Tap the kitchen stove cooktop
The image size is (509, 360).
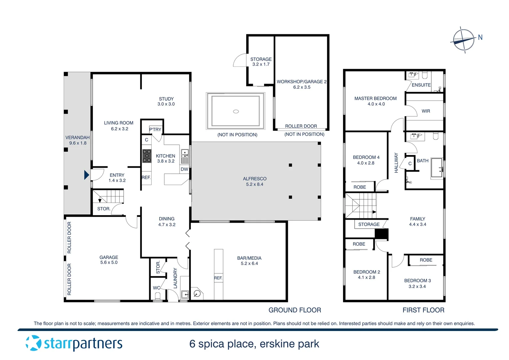tap(147, 156)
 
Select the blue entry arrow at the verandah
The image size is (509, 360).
tap(87, 175)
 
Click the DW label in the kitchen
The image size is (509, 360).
tap(184, 169)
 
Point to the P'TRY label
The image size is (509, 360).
tap(155, 129)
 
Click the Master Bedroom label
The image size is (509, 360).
tap(375, 98)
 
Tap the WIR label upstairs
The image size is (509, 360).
tap(426, 111)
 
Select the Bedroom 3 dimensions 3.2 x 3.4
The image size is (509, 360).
tap(417, 286)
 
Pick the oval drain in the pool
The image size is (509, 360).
tap(236, 111)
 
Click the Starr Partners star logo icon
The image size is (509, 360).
tap(33, 343)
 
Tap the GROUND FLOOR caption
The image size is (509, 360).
tap(294, 310)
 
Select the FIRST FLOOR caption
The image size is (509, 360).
tap(423, 310)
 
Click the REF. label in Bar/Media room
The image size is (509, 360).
tap(218, 278)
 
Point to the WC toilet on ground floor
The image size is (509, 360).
tap(158, 295)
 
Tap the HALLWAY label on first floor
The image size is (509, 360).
tap(396, 163)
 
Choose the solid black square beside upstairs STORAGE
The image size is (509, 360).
tap(381, 234)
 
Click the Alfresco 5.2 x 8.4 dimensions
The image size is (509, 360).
tap(254, 184)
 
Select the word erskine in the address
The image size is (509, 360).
tap(277, 344)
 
